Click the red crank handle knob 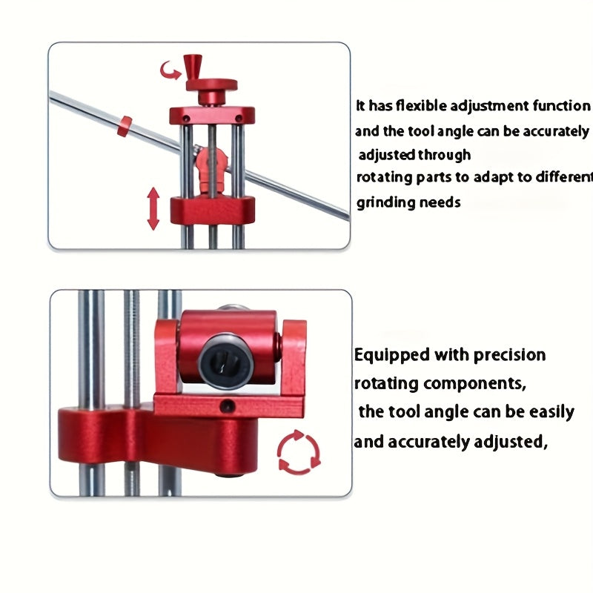tap(192, 67)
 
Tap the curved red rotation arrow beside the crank tap(170, 71)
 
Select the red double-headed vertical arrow tap(153, 208)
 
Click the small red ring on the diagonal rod tap(125, 126)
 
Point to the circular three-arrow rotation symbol tap(299, 452)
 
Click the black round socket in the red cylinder tap(226, 360)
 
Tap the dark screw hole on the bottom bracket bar tap(228, 406)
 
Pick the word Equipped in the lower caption tap(392, 356)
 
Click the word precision tap(509, 355)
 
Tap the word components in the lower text tap(475, 384)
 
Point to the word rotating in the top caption tap(384, 177)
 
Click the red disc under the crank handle tap(211, 85)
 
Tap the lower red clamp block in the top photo tap(212, 211)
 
